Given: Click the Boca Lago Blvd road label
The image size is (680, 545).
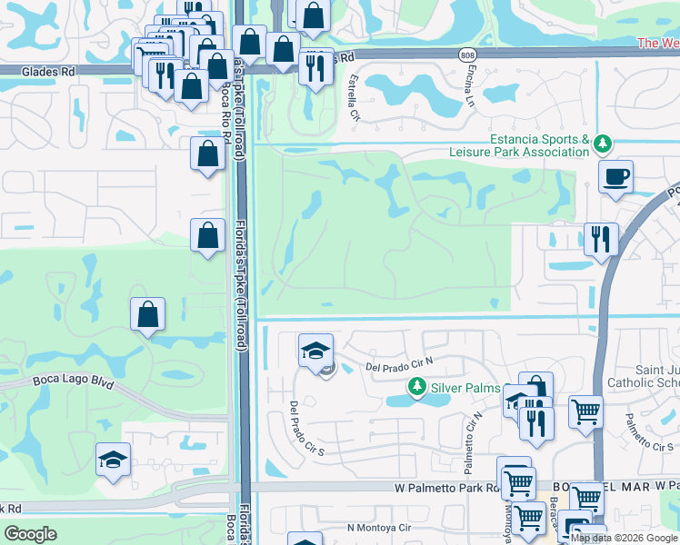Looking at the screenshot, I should [74, 382].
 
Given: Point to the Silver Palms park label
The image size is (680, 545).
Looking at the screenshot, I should [465, 388].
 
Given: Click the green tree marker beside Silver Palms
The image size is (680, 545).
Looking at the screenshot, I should [417, 388].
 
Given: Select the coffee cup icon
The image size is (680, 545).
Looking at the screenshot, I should [616, 175].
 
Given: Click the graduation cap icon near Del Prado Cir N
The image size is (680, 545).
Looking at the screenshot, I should [315, 350].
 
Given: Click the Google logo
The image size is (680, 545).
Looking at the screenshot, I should [31, 533].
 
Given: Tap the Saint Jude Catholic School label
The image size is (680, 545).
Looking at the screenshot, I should [645, 375].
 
